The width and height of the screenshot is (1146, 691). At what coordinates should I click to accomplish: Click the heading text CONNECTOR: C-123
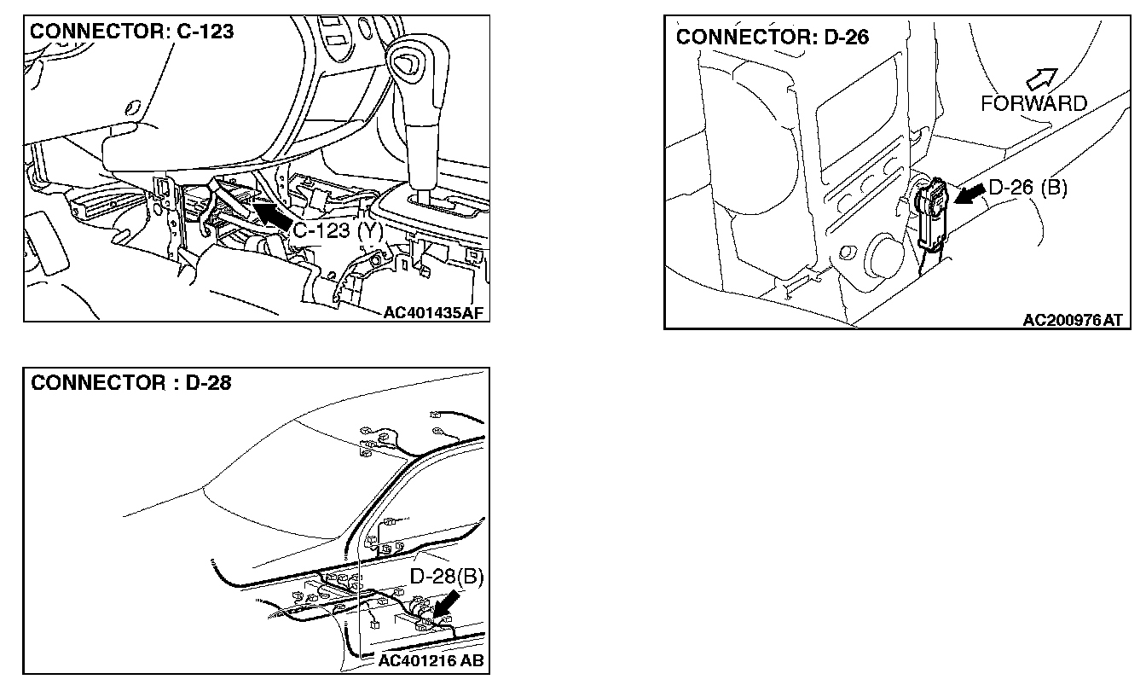(x=132, y=32)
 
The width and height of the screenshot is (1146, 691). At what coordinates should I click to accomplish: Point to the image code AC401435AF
(x=433, y=312)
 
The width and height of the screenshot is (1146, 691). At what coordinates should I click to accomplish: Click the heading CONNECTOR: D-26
(x=773, y=38)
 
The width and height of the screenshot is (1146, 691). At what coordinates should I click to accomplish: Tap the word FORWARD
(x=1033, y=104)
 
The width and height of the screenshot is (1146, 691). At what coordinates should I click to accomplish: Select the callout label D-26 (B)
(x=1027, y=188)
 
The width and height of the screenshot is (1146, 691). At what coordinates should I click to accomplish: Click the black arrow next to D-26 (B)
(x=967, y=196)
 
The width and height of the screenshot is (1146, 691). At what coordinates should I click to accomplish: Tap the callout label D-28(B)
(x=447, y=578)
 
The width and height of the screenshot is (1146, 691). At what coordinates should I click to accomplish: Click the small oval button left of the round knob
(x=848, y=252)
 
